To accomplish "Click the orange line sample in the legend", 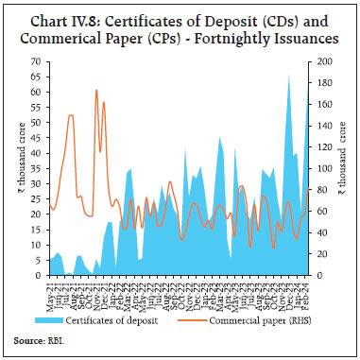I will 190,321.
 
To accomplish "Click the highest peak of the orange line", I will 96,91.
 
